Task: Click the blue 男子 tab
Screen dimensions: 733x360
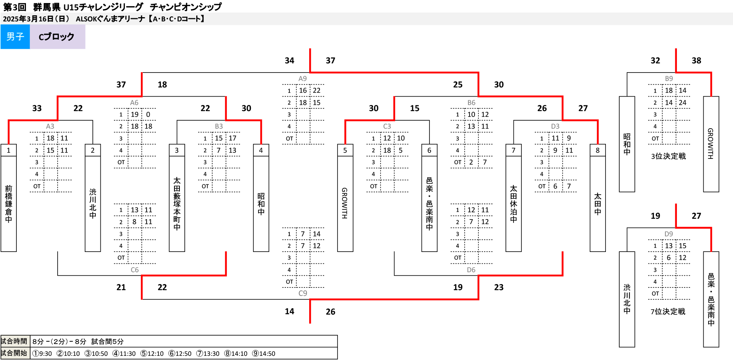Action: pos(15,37)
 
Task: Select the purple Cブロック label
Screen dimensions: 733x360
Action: pos(57,37)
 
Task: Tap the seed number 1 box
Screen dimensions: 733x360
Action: pos(8,150)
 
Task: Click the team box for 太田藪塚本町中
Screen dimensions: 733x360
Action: pos(177,204)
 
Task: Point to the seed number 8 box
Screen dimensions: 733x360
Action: pos(597,150)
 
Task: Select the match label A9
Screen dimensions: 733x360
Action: pos(302,79)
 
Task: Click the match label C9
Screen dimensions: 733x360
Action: pos(302,293)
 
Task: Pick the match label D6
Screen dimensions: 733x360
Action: pos(471,270)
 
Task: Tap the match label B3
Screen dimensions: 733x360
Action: pos(218,126)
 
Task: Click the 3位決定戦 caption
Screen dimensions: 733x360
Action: pos(668,156)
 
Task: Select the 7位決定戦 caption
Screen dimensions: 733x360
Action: pos(668,312)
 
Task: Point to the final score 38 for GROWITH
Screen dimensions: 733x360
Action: pos(696,60)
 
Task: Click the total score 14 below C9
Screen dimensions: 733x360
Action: pos(289,312)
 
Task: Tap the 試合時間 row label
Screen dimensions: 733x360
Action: pos(14,341)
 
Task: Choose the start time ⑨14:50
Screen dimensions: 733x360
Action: pos(263,354)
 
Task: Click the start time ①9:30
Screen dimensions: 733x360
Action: pos(42,354)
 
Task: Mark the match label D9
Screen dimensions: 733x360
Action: pos(668,234)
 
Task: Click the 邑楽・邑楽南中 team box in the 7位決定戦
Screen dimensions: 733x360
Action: pos(711,299)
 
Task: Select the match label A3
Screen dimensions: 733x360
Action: pos(50,126)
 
